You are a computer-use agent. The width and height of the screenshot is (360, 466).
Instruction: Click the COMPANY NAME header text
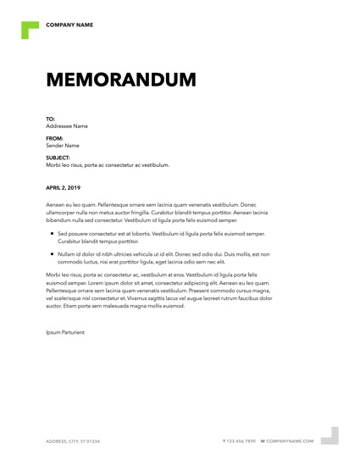coord(69,25)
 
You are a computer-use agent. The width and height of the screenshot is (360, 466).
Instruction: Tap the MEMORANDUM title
coord(120,80)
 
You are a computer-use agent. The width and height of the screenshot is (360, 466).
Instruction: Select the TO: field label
coord(50,119)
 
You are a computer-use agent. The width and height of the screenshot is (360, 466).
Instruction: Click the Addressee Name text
coord(67,126)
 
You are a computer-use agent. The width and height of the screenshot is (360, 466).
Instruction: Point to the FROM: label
coord(54,138)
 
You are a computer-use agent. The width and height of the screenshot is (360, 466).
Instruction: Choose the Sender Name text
coord(63,145)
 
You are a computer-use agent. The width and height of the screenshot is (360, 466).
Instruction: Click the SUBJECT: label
coord(58,158)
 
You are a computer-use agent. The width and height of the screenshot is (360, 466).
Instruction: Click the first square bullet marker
coord(52,232)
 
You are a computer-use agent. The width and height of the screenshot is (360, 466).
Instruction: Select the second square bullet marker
coord(52,252)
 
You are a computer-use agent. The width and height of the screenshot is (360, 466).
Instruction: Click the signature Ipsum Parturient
coord(65,332)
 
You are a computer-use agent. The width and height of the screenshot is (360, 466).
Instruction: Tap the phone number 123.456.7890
coord(241,441)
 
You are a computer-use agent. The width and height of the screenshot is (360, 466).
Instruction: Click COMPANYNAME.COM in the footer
coord(291,441)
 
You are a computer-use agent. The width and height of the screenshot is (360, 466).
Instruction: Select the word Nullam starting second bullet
coord(67,253)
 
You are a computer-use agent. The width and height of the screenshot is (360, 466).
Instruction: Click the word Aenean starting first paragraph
coord(57,205)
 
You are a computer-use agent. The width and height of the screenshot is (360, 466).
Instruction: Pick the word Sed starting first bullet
coord(62,233)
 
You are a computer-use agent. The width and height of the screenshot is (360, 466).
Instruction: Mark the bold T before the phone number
coord(224,441)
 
